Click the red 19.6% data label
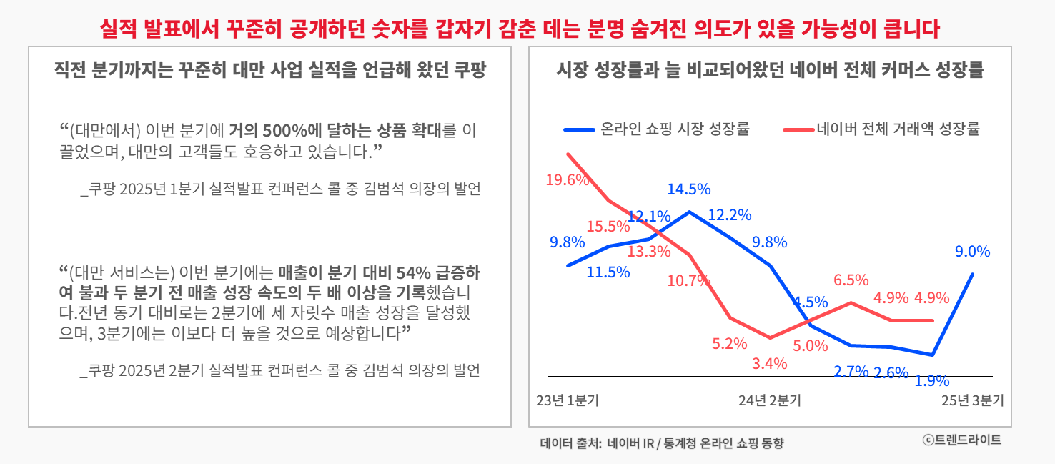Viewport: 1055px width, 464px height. tap(567, 180)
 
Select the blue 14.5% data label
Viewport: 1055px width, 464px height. tap(689, 189)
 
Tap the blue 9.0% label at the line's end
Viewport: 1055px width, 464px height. tap(972, 252)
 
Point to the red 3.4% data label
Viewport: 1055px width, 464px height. tap(770, 363)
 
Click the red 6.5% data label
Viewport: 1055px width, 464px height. tap(851, 280)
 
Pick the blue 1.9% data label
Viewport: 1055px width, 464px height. tap(932, 381)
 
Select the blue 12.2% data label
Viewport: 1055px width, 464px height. tap(730, 215)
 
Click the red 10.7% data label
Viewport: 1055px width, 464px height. tap(689, 281)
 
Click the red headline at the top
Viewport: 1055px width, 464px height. tap(520, 29)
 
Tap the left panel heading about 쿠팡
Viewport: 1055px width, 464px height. tap(269, 71)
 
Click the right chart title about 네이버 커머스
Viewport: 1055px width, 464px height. tap(770, 71)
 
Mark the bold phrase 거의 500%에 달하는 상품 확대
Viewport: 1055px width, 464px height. tap(335, 131)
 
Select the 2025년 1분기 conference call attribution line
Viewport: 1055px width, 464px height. tap(280, 189)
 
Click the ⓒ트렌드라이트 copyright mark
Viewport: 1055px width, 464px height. tap(962, 440)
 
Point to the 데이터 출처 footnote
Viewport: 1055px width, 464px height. tap(662, 443)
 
